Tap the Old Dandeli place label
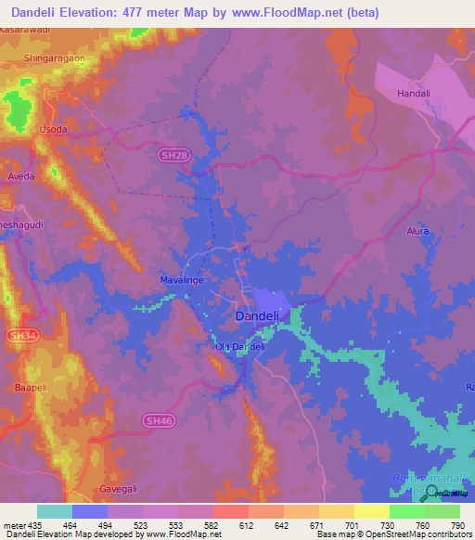coord(240,347)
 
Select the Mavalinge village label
coord(182,278)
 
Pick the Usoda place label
coord(53,129)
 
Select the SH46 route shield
coord(158,420)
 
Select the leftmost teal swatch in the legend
coord(54,511)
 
